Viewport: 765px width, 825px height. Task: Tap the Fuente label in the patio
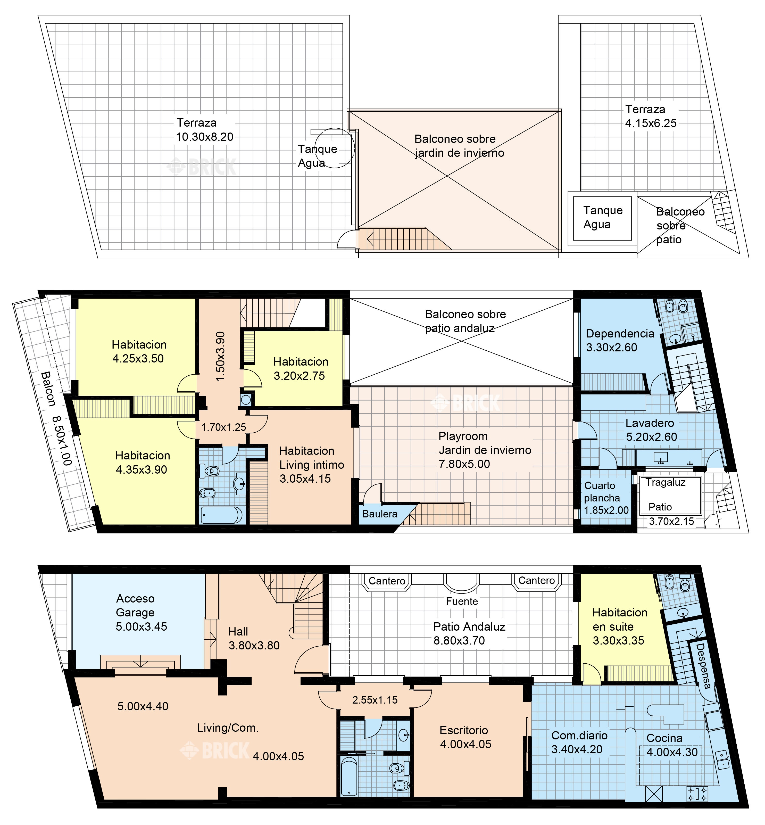(x=462, y=601)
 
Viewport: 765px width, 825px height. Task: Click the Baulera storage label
(x=380, y=514)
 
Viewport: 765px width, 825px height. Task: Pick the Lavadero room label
(x=650, y=423)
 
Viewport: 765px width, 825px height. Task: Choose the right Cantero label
(x=536, y=580)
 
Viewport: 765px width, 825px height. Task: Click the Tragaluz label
(x=665, y=482)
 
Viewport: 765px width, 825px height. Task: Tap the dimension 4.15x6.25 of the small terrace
(x=651, y=123)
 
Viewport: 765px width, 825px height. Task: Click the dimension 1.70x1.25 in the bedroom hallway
(x=223, y=427)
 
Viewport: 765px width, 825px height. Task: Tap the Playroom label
(x=463, y=436)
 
